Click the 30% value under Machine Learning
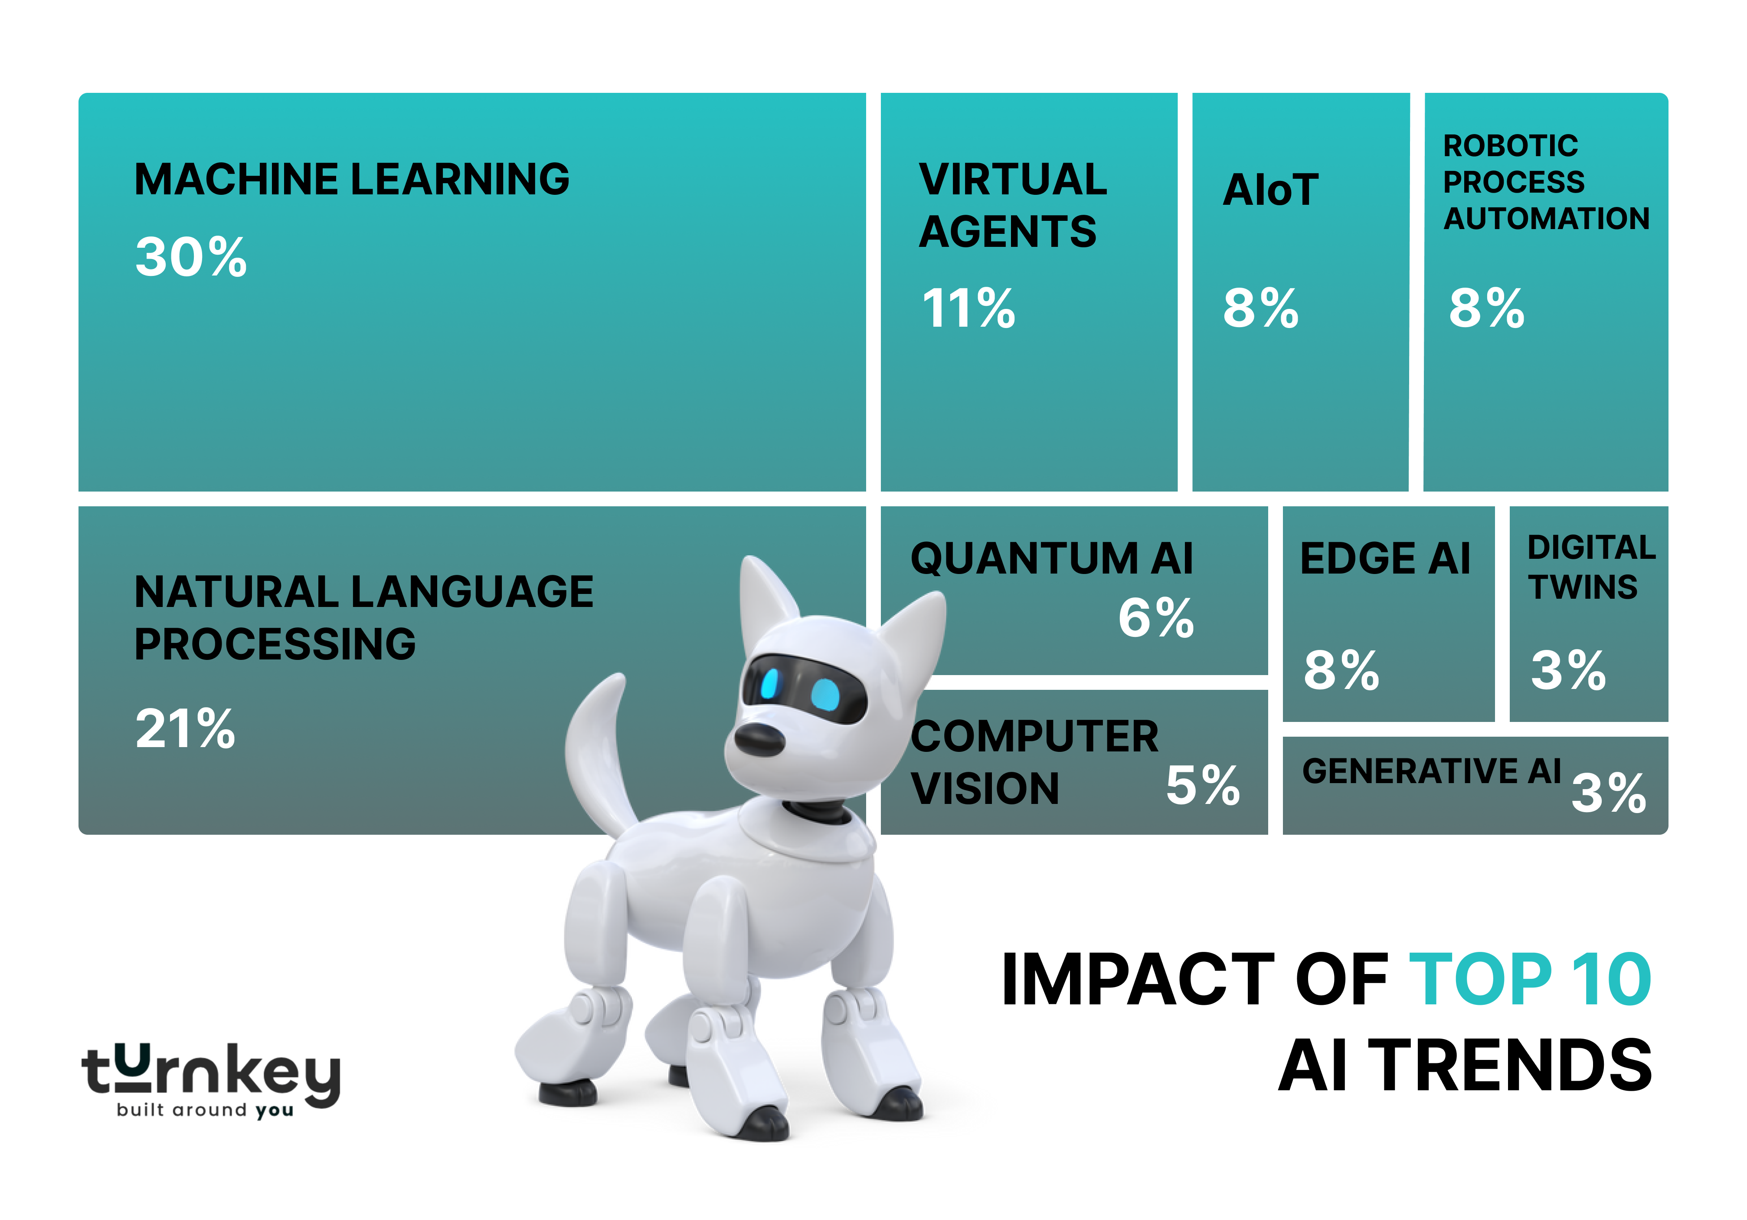pos(191,257)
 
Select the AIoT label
pos(1270,190)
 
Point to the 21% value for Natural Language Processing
pos(185,728)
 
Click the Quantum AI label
pos(1052,559)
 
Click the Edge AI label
pos(1385,559)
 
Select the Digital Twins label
pos(1590,567)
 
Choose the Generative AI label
pos(1431,771)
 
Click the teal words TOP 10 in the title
pos(1529,980)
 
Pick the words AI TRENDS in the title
pos(1465,1066)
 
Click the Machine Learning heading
pos(352,180)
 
